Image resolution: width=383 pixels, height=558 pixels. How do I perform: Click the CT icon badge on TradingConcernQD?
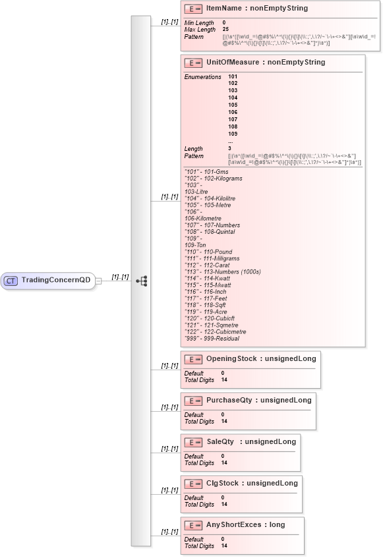pos(11,280)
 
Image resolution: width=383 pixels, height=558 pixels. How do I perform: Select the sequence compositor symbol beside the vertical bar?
pos(141,281)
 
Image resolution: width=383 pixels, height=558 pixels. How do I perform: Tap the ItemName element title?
pos(256,9)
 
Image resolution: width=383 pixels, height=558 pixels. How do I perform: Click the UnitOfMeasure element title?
pos(266,63)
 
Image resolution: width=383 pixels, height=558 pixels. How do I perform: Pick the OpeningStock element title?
pos(262,359)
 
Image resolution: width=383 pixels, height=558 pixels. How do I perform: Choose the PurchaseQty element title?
pos(259,400)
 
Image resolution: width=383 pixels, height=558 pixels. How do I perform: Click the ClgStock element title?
pos(252,483)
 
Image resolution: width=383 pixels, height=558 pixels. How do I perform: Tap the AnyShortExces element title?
pos(246,524)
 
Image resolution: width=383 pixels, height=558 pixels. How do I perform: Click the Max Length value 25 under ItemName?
pos(225,30)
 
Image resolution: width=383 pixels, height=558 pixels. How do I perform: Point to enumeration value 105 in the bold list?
pos(233,105)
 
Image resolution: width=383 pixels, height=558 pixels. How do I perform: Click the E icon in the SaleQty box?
pos(192,442)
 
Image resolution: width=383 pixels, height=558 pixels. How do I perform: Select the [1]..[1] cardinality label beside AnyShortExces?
pos(169,532)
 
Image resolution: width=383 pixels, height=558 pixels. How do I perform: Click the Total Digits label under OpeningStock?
pos(199,379)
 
